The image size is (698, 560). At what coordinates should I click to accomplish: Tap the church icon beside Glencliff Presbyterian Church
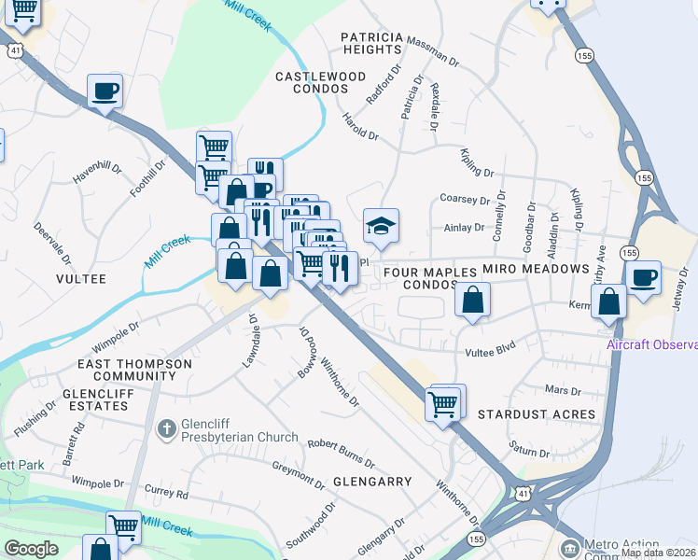pyautogui.click(x=166, y=429)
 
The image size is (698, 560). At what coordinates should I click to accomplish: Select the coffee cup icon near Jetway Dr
pyautogui.click(x=643, y=278)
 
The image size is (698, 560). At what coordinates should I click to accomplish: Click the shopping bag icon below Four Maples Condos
pyautogui.click(x=473, y=301)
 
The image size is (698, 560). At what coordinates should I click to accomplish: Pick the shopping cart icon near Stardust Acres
pyautogui.click(x=444, y=404)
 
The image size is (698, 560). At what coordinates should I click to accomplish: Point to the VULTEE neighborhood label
pyautogui.click(x=81, y=279)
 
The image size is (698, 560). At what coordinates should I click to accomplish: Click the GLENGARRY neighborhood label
pyautogui.click(x=372, y=482)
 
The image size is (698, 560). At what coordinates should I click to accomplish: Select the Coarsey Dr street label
pyautogui.click(x=465, y=200)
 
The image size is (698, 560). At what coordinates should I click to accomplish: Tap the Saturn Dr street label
pyautogui.click(x=530, y=452)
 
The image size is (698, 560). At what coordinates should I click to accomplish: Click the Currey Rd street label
pyautogui.click(x=167, y=492)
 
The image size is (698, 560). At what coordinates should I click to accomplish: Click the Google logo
pyautogui.click(x=31, y=549)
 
